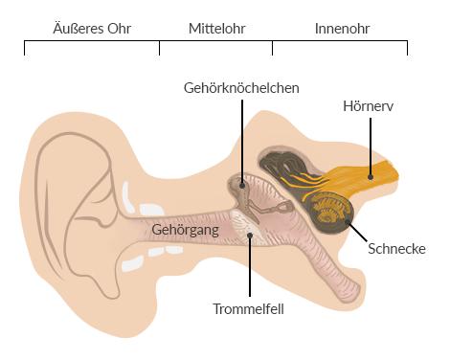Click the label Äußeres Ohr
tap(92, 29)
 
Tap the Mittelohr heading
tap(215, 29)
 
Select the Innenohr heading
tap(342, 29)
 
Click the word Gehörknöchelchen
tap(242, 87)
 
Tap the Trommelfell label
tap(249, 308)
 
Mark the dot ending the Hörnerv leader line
tap(369, 173)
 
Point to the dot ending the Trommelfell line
tap(250, 231)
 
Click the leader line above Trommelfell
tap(250, 268)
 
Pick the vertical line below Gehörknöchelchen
tap(242, 134)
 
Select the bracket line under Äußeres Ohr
tap(92, 43)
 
